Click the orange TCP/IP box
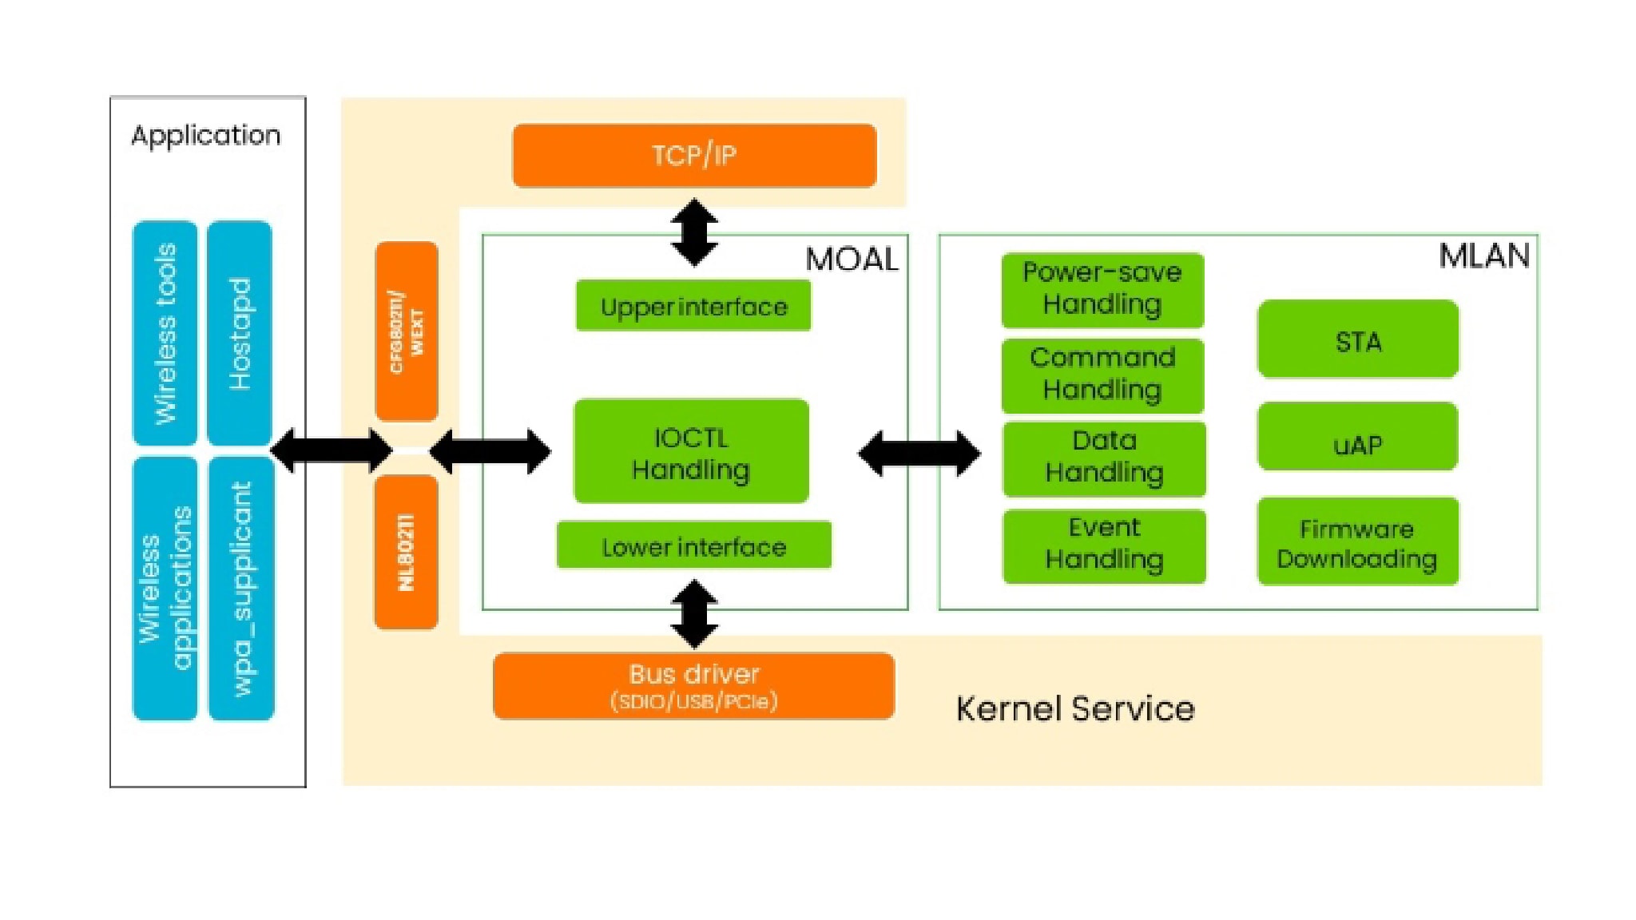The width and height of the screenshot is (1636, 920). click(694, 156)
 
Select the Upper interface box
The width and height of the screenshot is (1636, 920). click(693, 306)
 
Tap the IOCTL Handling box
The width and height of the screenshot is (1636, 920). click(692, 452)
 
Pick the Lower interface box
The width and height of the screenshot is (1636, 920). click(693, 545)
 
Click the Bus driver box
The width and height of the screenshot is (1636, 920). click(693, 686)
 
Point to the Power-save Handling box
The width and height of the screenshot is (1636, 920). click(1102, 290)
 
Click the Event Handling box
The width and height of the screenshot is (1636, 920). click(1104, 545)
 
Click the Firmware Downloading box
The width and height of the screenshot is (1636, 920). click(1358, 542)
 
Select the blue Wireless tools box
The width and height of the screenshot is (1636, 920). click(165, 333)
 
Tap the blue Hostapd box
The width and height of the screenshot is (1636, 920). click(240, 333)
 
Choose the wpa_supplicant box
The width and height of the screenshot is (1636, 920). click(241, 589)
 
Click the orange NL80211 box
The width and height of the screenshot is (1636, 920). click(406, 552)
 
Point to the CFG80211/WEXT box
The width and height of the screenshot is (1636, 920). click(406, 331)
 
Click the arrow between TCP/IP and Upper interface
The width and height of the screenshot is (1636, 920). click(694, 232)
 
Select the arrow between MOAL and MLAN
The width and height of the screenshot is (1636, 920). click(919, 454)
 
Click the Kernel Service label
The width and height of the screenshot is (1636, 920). click(1075, 709)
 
